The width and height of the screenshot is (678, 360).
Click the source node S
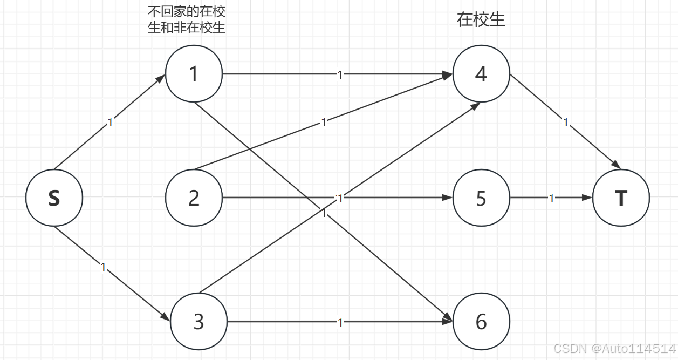[54, 198]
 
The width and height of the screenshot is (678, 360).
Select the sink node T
[621, 198]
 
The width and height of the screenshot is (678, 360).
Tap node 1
[194, 74]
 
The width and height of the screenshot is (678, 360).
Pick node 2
[194, 198]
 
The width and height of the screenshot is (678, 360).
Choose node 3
[198, 322]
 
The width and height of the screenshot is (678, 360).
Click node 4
[481, 74]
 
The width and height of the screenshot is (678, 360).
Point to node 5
[481, 198]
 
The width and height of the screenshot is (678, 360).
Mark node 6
[481, 322]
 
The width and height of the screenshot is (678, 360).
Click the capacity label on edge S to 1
[110, 123]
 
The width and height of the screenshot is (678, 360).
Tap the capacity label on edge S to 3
[104, 267]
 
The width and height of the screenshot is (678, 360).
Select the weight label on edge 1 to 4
[340, 74]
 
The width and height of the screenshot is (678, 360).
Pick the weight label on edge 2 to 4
[324, 123]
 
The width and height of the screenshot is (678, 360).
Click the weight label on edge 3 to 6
[340, 323]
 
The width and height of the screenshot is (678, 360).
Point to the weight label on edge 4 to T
[566, 123]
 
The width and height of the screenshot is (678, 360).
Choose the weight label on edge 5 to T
[551, 199]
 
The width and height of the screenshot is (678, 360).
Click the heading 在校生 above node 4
[481, 20]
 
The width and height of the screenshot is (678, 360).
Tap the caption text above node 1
[187, 20]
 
